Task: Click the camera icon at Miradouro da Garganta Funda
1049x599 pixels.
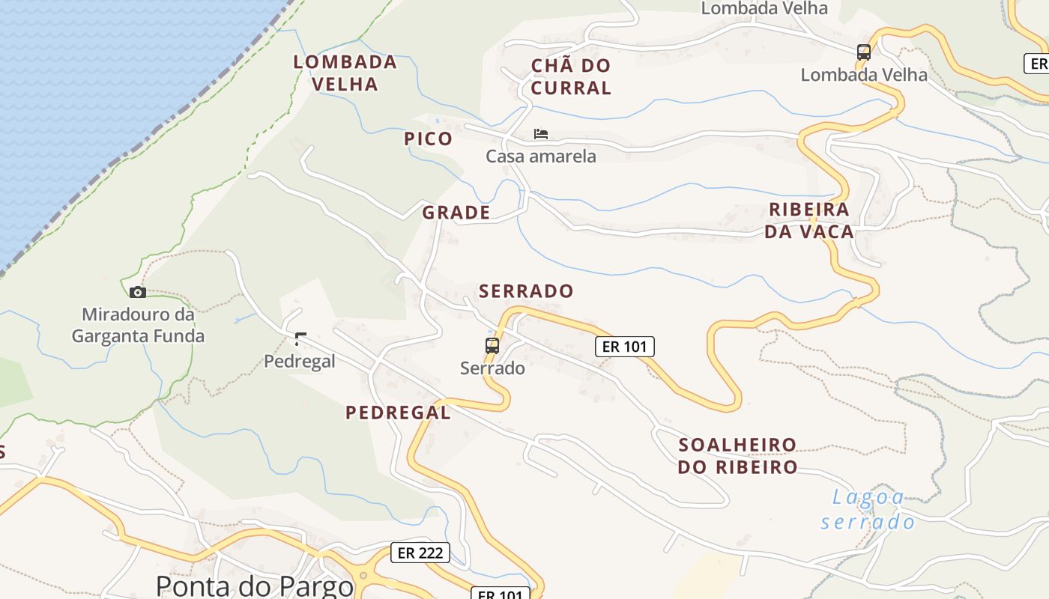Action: click(x=138, y=292)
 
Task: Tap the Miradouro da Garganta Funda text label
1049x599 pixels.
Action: click(x=138, y=325)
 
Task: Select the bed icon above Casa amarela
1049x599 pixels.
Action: click(x=541, y=134)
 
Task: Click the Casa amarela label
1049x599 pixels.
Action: click(x=541, y=156)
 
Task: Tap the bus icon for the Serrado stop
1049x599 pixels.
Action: click(x=492, y=345)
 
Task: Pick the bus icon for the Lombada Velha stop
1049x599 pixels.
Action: click(x=864, y=52)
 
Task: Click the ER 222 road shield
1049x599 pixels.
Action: click(x=420, y=553)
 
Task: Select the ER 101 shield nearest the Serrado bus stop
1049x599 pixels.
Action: click(x=625, y=346)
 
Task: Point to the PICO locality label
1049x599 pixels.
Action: click(x=429, y=139)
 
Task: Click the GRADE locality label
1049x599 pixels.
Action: click(x=456, y=213)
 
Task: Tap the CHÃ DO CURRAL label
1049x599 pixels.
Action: click(x=571, y=76)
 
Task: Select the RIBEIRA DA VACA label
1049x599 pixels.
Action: click(x=809, y=220)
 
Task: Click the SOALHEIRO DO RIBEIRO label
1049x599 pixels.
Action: click(x=737, y=456)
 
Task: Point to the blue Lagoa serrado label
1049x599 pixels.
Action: click(x=868, y=509)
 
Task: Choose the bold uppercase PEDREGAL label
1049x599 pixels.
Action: click(x=398, y=413)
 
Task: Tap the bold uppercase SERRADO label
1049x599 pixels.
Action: click(x=526, y=291)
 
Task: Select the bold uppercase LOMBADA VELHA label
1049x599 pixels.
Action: click(x=345, y=73)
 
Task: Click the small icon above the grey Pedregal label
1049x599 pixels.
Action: click(x=300, y=339)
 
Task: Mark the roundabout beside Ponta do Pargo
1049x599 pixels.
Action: click(x=363, y=576)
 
